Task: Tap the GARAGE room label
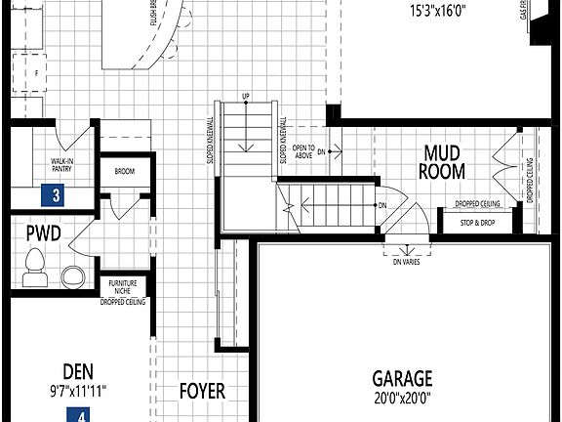coord(402,378)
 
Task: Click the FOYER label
coord(202,391)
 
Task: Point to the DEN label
coord(78,371)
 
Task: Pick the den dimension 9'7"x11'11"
coord(78,391)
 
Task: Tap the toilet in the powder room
coord(35,264)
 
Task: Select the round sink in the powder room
coord(73,274)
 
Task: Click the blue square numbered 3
coord(57,195)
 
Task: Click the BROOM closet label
coord(124,172)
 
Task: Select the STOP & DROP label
coord(476,222)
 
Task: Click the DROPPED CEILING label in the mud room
coord(477,204)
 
